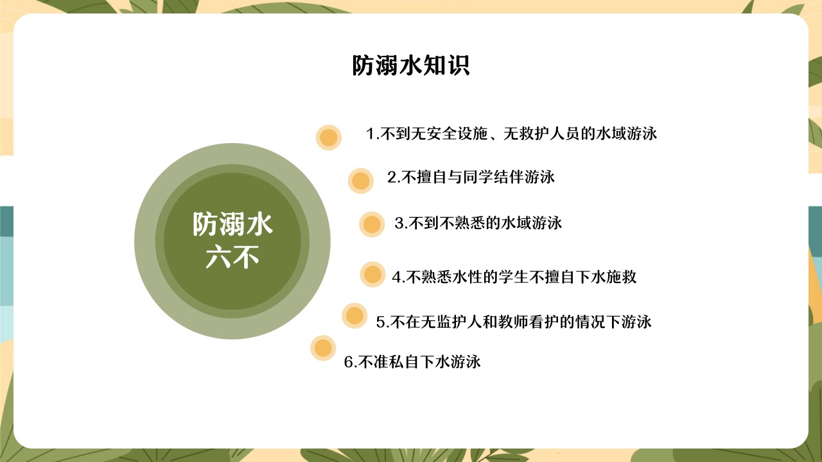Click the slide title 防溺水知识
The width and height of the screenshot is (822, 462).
coord(410,65)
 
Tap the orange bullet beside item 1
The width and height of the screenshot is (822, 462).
coord(328,137)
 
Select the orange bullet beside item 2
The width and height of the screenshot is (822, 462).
coord(361,181)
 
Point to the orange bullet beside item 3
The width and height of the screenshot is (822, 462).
coord(372,225)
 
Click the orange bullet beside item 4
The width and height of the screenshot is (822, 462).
coord(372,274)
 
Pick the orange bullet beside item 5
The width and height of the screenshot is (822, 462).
coord(354,316)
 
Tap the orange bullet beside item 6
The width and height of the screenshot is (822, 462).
coord(323,348)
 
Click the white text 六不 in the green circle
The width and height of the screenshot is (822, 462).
coord(232,257)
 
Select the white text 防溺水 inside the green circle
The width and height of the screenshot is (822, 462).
coord(232,224)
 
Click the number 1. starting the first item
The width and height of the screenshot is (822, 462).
coord(372,133)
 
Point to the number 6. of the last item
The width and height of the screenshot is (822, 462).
coord(351,363)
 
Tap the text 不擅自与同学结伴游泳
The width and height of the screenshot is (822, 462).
coord(478,177)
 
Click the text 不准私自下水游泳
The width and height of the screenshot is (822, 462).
coord(419,363)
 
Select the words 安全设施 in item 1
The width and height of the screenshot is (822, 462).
coord(457,133)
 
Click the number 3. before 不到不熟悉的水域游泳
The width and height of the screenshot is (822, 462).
coord(401,223)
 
